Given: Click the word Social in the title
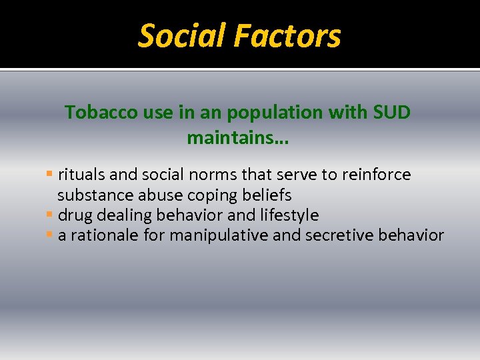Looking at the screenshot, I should (x=178, y=36).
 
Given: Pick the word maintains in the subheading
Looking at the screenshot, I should (x=235, y=139).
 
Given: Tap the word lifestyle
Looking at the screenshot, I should (x=288, y=215).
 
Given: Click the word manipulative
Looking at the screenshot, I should (x=225, y=235).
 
